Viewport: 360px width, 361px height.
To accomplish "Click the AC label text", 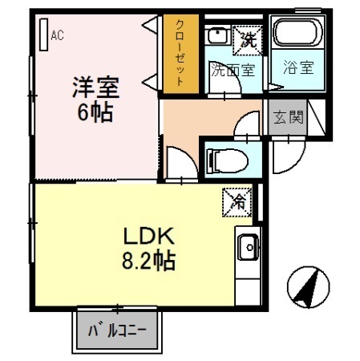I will pos(57,34).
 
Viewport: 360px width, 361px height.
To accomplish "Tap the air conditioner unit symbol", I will pos(43,33).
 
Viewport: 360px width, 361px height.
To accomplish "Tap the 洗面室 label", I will pos(233,70).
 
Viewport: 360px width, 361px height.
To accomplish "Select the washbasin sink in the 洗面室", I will pos(216,36).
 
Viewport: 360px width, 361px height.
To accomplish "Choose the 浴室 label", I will pos(298,70).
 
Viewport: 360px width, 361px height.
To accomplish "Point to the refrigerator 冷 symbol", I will pos(237,201).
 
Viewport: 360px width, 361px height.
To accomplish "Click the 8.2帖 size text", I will pos(149,261).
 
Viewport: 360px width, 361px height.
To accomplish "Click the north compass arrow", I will pos(309,286).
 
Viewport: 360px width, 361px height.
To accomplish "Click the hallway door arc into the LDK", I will pos(180,163).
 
